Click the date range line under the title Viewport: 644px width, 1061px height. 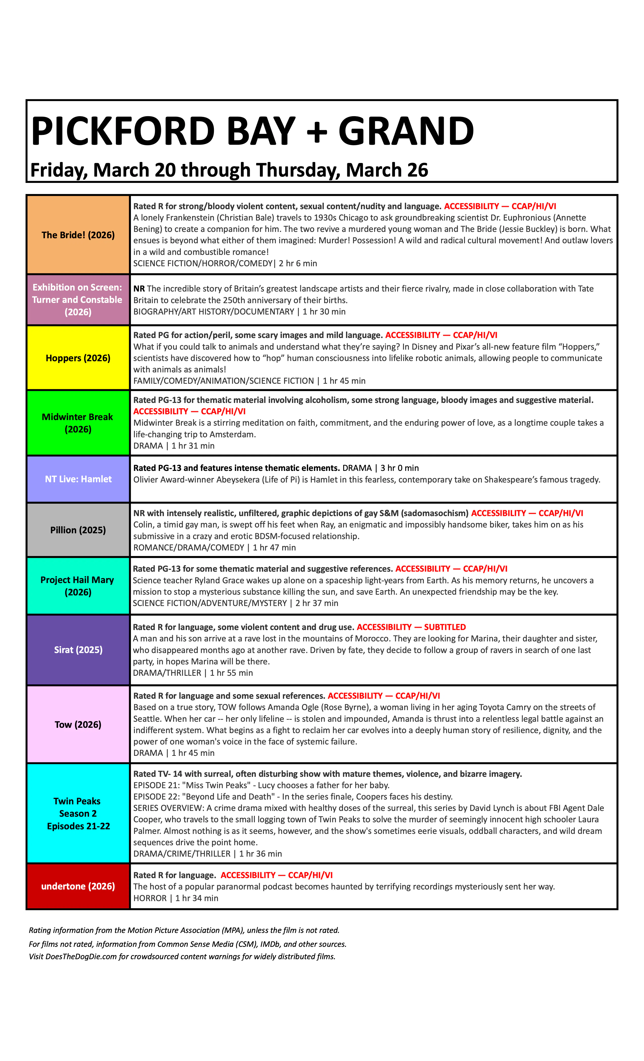click(x=229, y=170)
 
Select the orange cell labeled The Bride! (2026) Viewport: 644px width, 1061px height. click(x=78, y=235)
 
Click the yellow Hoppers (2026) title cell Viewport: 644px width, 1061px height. click(x=78, y=358)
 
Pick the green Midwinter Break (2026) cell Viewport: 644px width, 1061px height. click(x=78, y=423)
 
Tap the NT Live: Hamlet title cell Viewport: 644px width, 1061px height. click(x=78, y=479)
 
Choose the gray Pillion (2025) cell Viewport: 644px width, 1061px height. click(x=78, y=530)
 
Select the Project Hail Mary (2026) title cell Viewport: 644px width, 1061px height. click(x=78, y=586)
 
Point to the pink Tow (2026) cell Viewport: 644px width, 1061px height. click(x=78, y=724)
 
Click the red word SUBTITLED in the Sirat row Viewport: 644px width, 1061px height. click(x=445, y=627)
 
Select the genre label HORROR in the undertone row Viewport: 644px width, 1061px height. click(x=150, y=898)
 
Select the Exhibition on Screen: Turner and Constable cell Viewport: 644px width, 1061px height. click(x=78, y=299)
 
